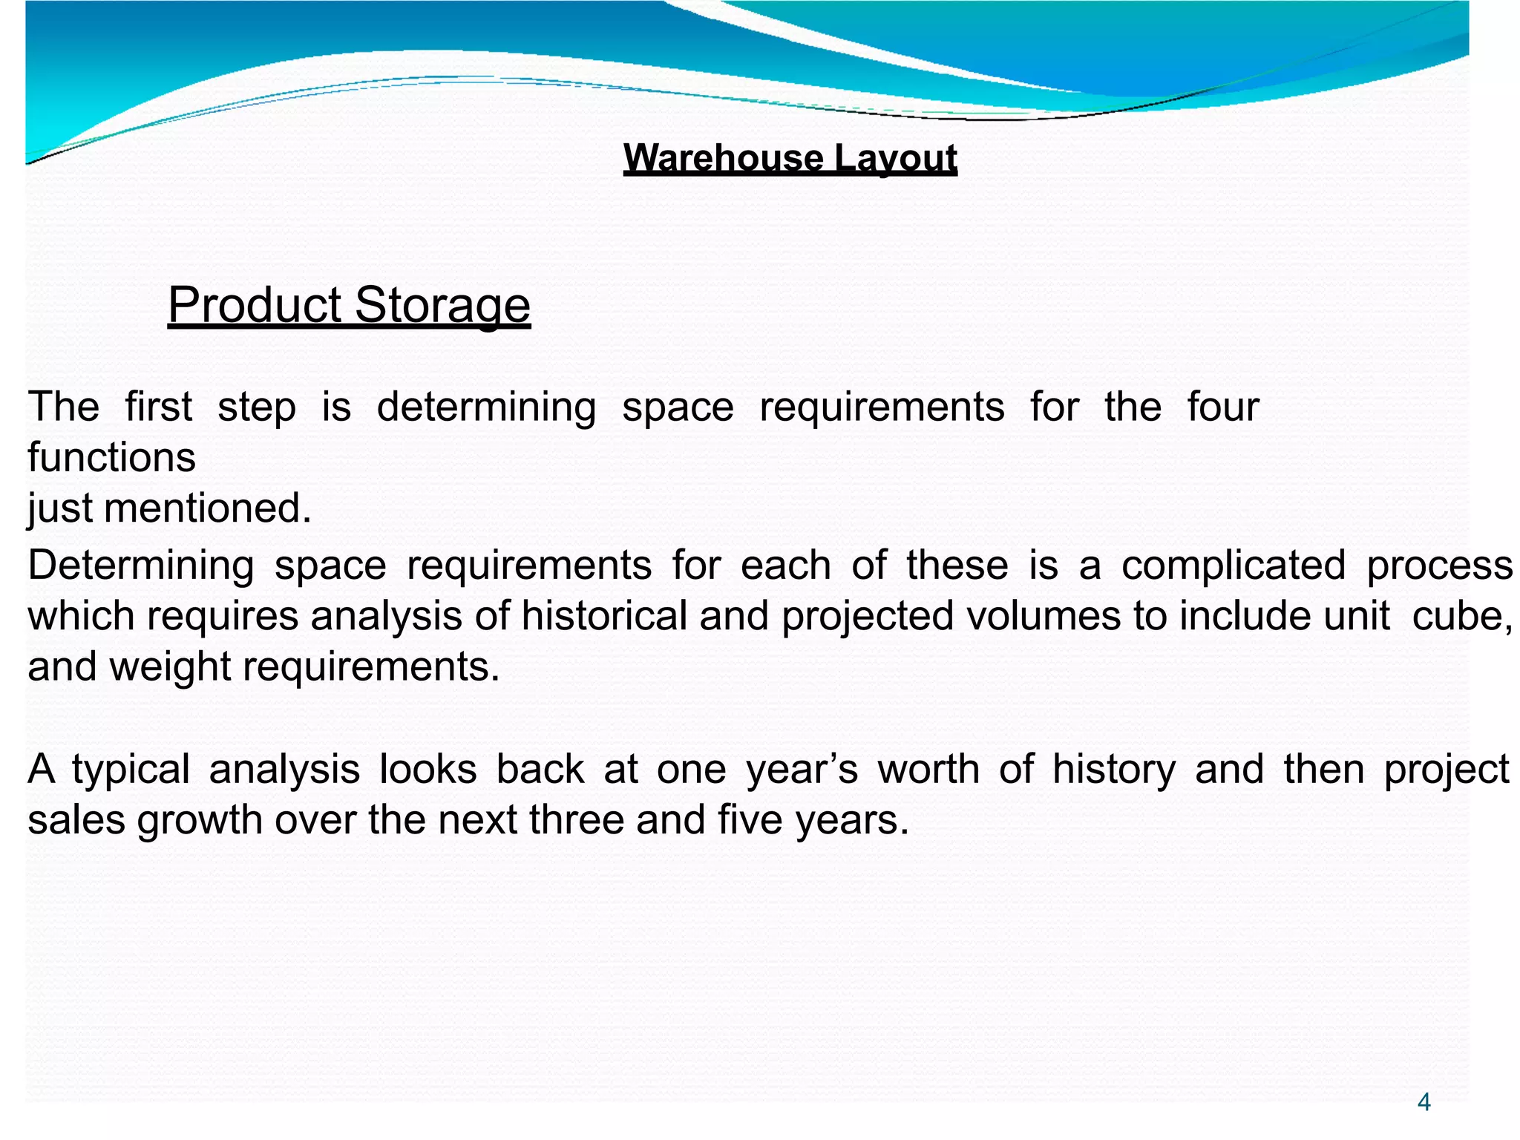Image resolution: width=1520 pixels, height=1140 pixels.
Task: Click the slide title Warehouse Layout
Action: pos(790,158)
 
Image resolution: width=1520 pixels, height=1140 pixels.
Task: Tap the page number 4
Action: pos(1424,1102)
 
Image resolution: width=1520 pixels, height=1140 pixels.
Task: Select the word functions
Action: pos(111,457)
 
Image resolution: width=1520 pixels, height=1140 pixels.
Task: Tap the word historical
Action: pos(603,616)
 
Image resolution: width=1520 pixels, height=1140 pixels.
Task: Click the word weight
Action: pos(171,666)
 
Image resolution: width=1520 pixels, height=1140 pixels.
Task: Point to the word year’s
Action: pos(802,769)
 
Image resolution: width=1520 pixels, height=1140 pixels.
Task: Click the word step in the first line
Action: pos(256,407)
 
